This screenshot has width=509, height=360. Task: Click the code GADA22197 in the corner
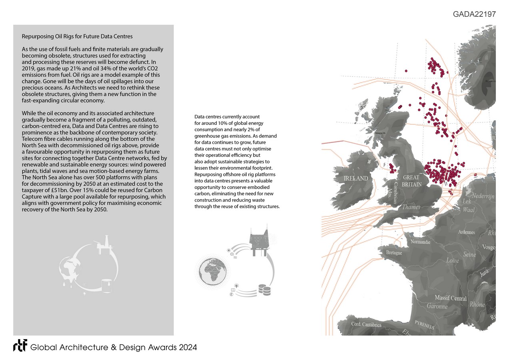pyautogui.click(x=474, y=14)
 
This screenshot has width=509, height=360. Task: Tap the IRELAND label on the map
pyautogui.click(x=356, y=178)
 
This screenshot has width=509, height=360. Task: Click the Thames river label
pyautogui.click(x=411, y=207)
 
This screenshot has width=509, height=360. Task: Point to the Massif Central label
pyautogui.click(x=451, y=298)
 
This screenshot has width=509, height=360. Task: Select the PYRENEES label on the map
pyautogui.click(x=424, y=324)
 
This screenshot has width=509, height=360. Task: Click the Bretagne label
pyautogui.click(x=394, y=253)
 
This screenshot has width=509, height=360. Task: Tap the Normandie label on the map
pyautogui.click(x=420, y=242)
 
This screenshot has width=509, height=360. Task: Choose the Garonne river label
pyautogui.click(x=437, y=306)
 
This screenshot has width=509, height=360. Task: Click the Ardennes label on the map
pyautogui.click(x=467, y=232)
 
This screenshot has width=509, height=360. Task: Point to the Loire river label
pyautogui.click(x=452, y=260)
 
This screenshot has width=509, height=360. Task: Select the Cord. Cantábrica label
pyautogui.click(x=366, y=324)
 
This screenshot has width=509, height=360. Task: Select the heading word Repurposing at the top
pyautogui.click(x=38, y=37)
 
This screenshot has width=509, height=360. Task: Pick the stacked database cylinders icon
pyautogui.click(x=263, y=289)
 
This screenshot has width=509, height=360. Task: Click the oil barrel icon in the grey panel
pyautogui.click(x=106, y=286)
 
